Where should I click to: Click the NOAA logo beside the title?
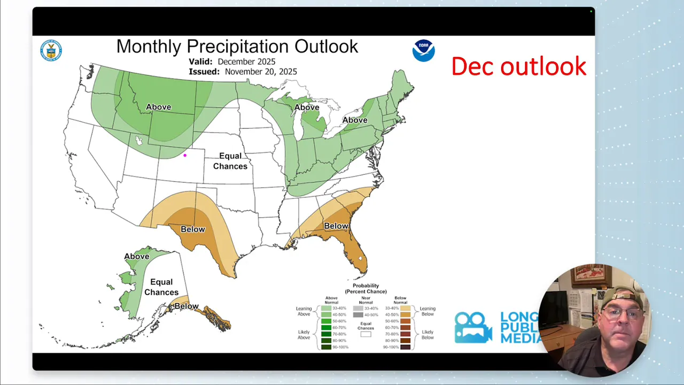[x=423, y=51]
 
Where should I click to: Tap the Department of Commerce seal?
[x=51, y=51]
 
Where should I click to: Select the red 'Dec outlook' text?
[x=518, y=66]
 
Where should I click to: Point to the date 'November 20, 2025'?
[x=261, y=72]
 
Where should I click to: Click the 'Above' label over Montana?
[x=159, y=107]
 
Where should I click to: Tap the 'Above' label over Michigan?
[x=307, y=107]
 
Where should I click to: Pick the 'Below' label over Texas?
[x=192, y=229]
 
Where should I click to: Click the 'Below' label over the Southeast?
[x=336, y=226]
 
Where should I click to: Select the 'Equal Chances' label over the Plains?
[x=230, y=161]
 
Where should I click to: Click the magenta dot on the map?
[x=185, y=156]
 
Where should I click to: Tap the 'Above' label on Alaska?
[x=137, y=257]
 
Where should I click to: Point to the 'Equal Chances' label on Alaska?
[x=161, y=287]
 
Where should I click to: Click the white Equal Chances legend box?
[x=366, y=334]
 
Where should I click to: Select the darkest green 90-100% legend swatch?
[x=325, y=347]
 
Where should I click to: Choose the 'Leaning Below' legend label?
[x=428, y=311]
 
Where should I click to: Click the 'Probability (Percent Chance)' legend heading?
[x=366, y=289]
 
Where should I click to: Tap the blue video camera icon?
[x=472, y=327]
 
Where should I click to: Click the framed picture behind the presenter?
[x=590, y=276]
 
